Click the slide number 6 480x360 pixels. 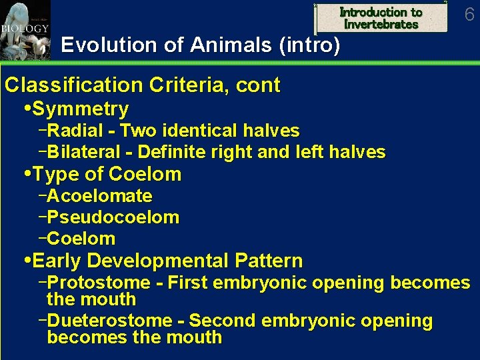pyautogui.click(x=469, y=14)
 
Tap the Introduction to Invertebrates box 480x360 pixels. pyautogui.click(x=381, y=18)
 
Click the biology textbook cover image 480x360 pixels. pyautogui.click(x=25, y=30)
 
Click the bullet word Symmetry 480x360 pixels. pyautogui.click(x=80, y=109)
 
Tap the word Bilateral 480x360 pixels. pyautogui.click(x=84, y=152)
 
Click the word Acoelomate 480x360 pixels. pyautogui.click(x=100, y=196)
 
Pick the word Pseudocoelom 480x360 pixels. pyautogui.click(x=113, y=217)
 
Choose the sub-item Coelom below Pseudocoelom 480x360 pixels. pyautogui.click(x=81, y=239)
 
